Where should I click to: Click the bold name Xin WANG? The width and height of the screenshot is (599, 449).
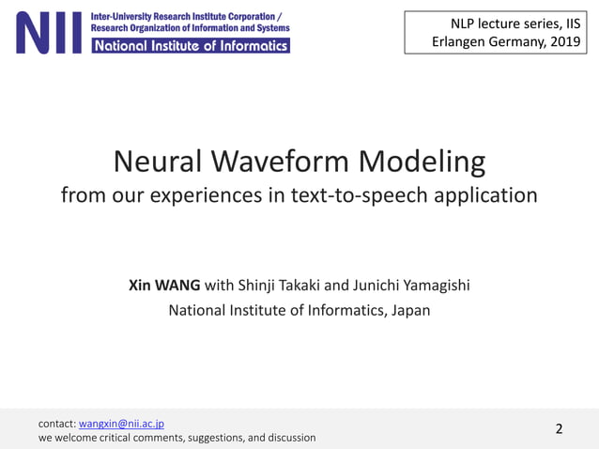pos(164,286)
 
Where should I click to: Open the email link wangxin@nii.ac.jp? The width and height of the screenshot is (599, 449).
pos(121,424)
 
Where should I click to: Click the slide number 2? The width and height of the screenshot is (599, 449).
pos(560,429)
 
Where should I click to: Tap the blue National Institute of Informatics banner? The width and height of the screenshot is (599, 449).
pos(190,45)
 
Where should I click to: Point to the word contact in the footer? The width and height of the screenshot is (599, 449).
pos(56,424)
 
